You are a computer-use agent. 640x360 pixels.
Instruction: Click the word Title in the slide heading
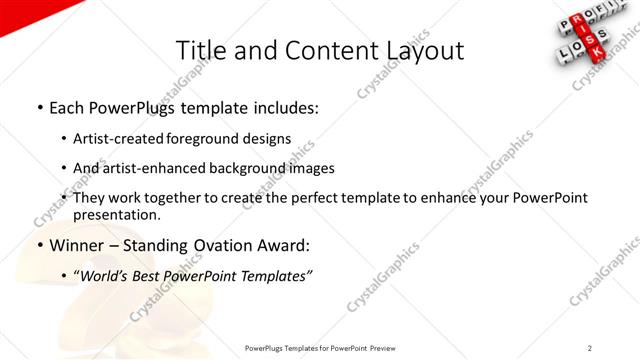(x=198, y=49)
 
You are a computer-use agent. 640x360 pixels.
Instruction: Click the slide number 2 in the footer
(x=590, y=348)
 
